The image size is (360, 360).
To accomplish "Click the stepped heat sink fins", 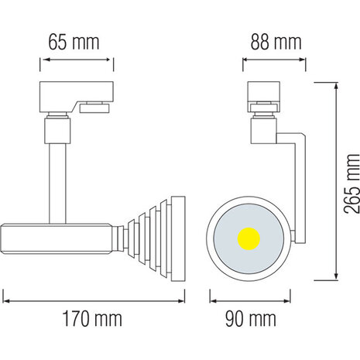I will click(x=159, y=231).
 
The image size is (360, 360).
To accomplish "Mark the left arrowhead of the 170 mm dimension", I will click(x=5, y=295).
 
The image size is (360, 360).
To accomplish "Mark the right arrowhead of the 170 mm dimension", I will click(x=183, y=295).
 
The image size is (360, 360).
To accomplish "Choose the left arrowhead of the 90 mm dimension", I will click(x=214, y=295).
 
